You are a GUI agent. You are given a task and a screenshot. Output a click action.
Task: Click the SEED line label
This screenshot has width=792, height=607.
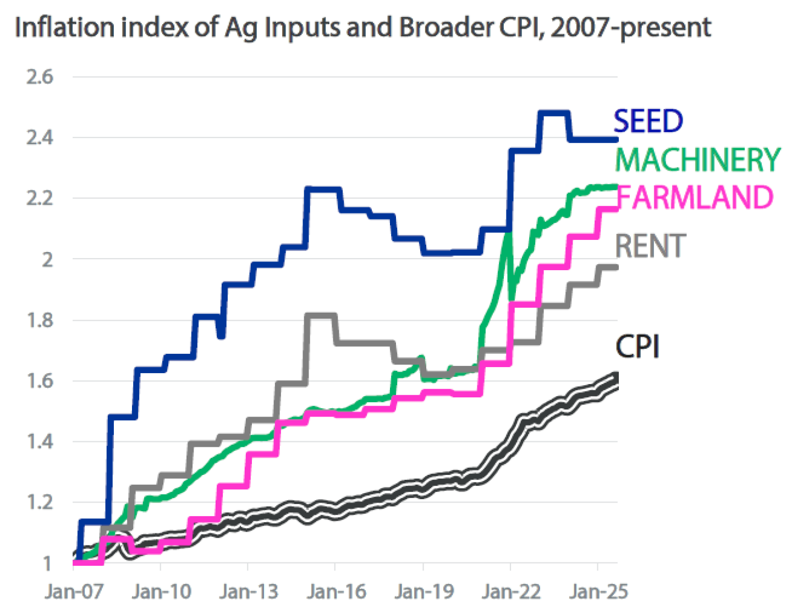tap(648, 121)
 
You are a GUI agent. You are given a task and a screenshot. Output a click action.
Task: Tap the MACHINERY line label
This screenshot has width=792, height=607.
tap(697, 160)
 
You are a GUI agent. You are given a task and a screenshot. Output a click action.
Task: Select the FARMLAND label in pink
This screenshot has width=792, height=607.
tap(695, 198)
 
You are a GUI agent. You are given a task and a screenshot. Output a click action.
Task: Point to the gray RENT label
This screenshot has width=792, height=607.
tap(650, 246)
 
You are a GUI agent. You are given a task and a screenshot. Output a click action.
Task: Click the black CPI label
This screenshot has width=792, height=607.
tap(637, 347)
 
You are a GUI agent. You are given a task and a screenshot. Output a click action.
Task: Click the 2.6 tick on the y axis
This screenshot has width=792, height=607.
tap(40, 76)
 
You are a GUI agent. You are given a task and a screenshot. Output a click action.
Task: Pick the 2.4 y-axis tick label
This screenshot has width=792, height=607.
tap(40, 137)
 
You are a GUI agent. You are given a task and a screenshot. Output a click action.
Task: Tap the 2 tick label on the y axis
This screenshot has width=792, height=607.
tap(48, 259)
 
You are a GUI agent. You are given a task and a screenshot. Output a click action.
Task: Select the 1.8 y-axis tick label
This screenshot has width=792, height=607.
tap(40, 320)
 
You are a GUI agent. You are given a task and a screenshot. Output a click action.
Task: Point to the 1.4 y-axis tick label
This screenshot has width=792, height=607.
tap(40, 441)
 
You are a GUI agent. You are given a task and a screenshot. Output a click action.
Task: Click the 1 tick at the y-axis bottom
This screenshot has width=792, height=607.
tap(48, 564)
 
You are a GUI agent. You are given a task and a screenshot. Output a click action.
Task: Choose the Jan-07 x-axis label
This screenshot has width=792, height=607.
tap(74, 592)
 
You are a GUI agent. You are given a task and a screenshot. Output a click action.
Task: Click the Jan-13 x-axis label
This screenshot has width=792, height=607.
tap(249, 592)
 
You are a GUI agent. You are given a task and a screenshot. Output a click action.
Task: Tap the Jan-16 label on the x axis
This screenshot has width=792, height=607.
tap(336, 592)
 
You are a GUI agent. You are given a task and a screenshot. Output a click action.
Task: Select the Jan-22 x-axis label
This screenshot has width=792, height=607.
tap(511, 592)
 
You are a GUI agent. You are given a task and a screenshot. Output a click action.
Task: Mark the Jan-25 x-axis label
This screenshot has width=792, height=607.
tap(598, 592)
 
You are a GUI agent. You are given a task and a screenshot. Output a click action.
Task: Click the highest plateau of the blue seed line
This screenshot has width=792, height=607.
tap(553, 113)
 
